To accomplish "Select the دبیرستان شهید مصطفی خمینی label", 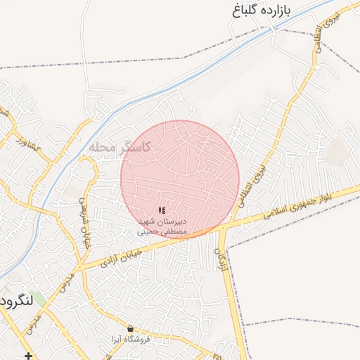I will pos(162,226).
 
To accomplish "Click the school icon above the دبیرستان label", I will pos(162,210).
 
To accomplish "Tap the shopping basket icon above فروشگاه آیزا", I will pos(130,328).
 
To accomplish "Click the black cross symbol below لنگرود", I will pos(27,355).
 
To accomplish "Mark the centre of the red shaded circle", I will pos(180,179).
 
